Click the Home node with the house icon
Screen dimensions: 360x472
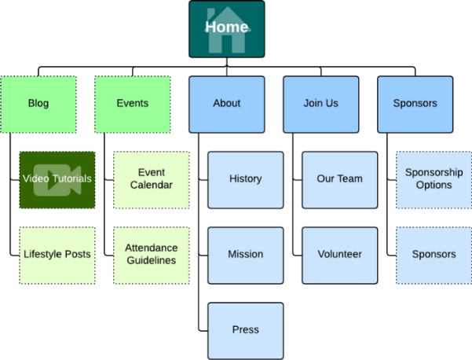click(x=226, y=28)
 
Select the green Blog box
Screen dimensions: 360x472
click(x=38, y=103)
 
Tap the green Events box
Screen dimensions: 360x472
click(x=132, y=103)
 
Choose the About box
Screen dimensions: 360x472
click(x=226, y=103)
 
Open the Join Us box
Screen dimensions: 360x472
click(x=320, y=103)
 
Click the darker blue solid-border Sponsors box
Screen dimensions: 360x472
click(x=415, y=103)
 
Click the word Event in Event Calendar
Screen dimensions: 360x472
click(x=151, y=172)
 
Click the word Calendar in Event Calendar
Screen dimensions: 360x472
click(x=151, y=186)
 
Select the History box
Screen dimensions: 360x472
click(x=245, y=178)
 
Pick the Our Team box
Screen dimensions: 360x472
click(x=339, y=178)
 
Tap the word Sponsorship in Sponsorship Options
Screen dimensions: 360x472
click(x=434, y=172)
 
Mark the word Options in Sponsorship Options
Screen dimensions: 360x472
click(x=434, y=186)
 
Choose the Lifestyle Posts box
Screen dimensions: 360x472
click(x=57, y=255)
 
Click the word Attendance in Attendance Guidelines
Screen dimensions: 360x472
click(x=151, y=248)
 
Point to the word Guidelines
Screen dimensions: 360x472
click(x=151, y=261)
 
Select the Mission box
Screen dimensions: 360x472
click(x=245, y=255)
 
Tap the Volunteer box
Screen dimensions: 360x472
click(x=339, y=255)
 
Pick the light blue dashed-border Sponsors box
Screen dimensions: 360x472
click(x=434, y=255)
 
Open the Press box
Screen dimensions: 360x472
click(x=245, y=330)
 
